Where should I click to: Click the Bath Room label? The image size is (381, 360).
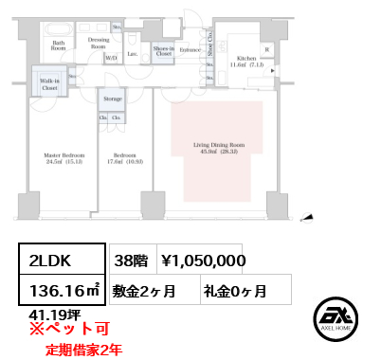(58, 45)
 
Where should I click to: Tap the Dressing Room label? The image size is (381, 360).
(99, 43)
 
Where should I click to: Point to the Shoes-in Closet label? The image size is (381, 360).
(163, 52)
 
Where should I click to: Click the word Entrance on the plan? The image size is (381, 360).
(190, 48)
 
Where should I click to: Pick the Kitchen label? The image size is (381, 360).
(245, 62)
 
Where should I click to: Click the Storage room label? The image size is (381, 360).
(112, 99)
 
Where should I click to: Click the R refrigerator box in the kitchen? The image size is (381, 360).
(267, 49)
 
